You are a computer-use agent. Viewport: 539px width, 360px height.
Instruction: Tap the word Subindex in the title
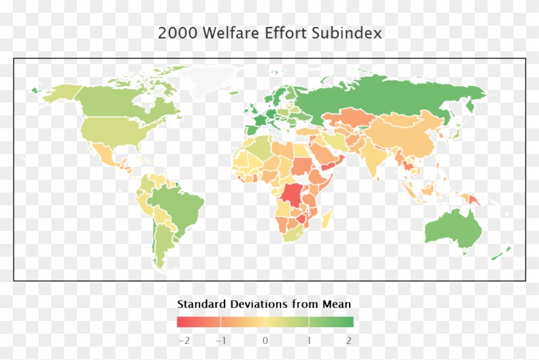pyautogui.click(x=347, y=33)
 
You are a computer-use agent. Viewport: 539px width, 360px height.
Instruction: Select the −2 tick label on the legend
pyautogui.click(x=184, y=340)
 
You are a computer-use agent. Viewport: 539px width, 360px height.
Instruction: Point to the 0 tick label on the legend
pyautogui.click(x=265, y=340)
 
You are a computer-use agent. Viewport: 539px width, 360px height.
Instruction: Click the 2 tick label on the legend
pyautogui.click(x=349, y=340)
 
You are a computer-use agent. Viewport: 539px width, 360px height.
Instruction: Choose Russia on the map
pyautogui.click(x=385, y=96)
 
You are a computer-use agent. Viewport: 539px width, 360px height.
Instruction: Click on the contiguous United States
pyautogui.click(x=116, y=132)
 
